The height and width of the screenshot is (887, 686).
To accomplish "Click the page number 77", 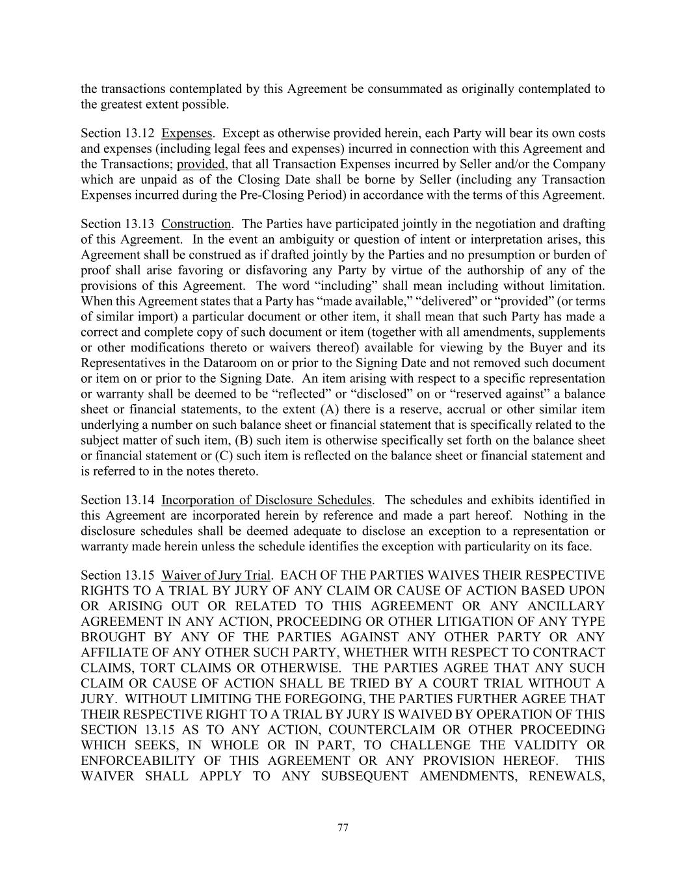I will (343, 827).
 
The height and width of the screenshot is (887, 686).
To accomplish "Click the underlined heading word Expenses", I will (187, 133).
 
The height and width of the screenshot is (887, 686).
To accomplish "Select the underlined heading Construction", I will (196, 224).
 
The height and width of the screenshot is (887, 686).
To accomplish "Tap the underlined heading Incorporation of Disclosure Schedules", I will (267, 500).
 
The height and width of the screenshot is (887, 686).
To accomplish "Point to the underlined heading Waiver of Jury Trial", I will (216, 576).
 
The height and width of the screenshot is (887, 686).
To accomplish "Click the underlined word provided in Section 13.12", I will (200, 164).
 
